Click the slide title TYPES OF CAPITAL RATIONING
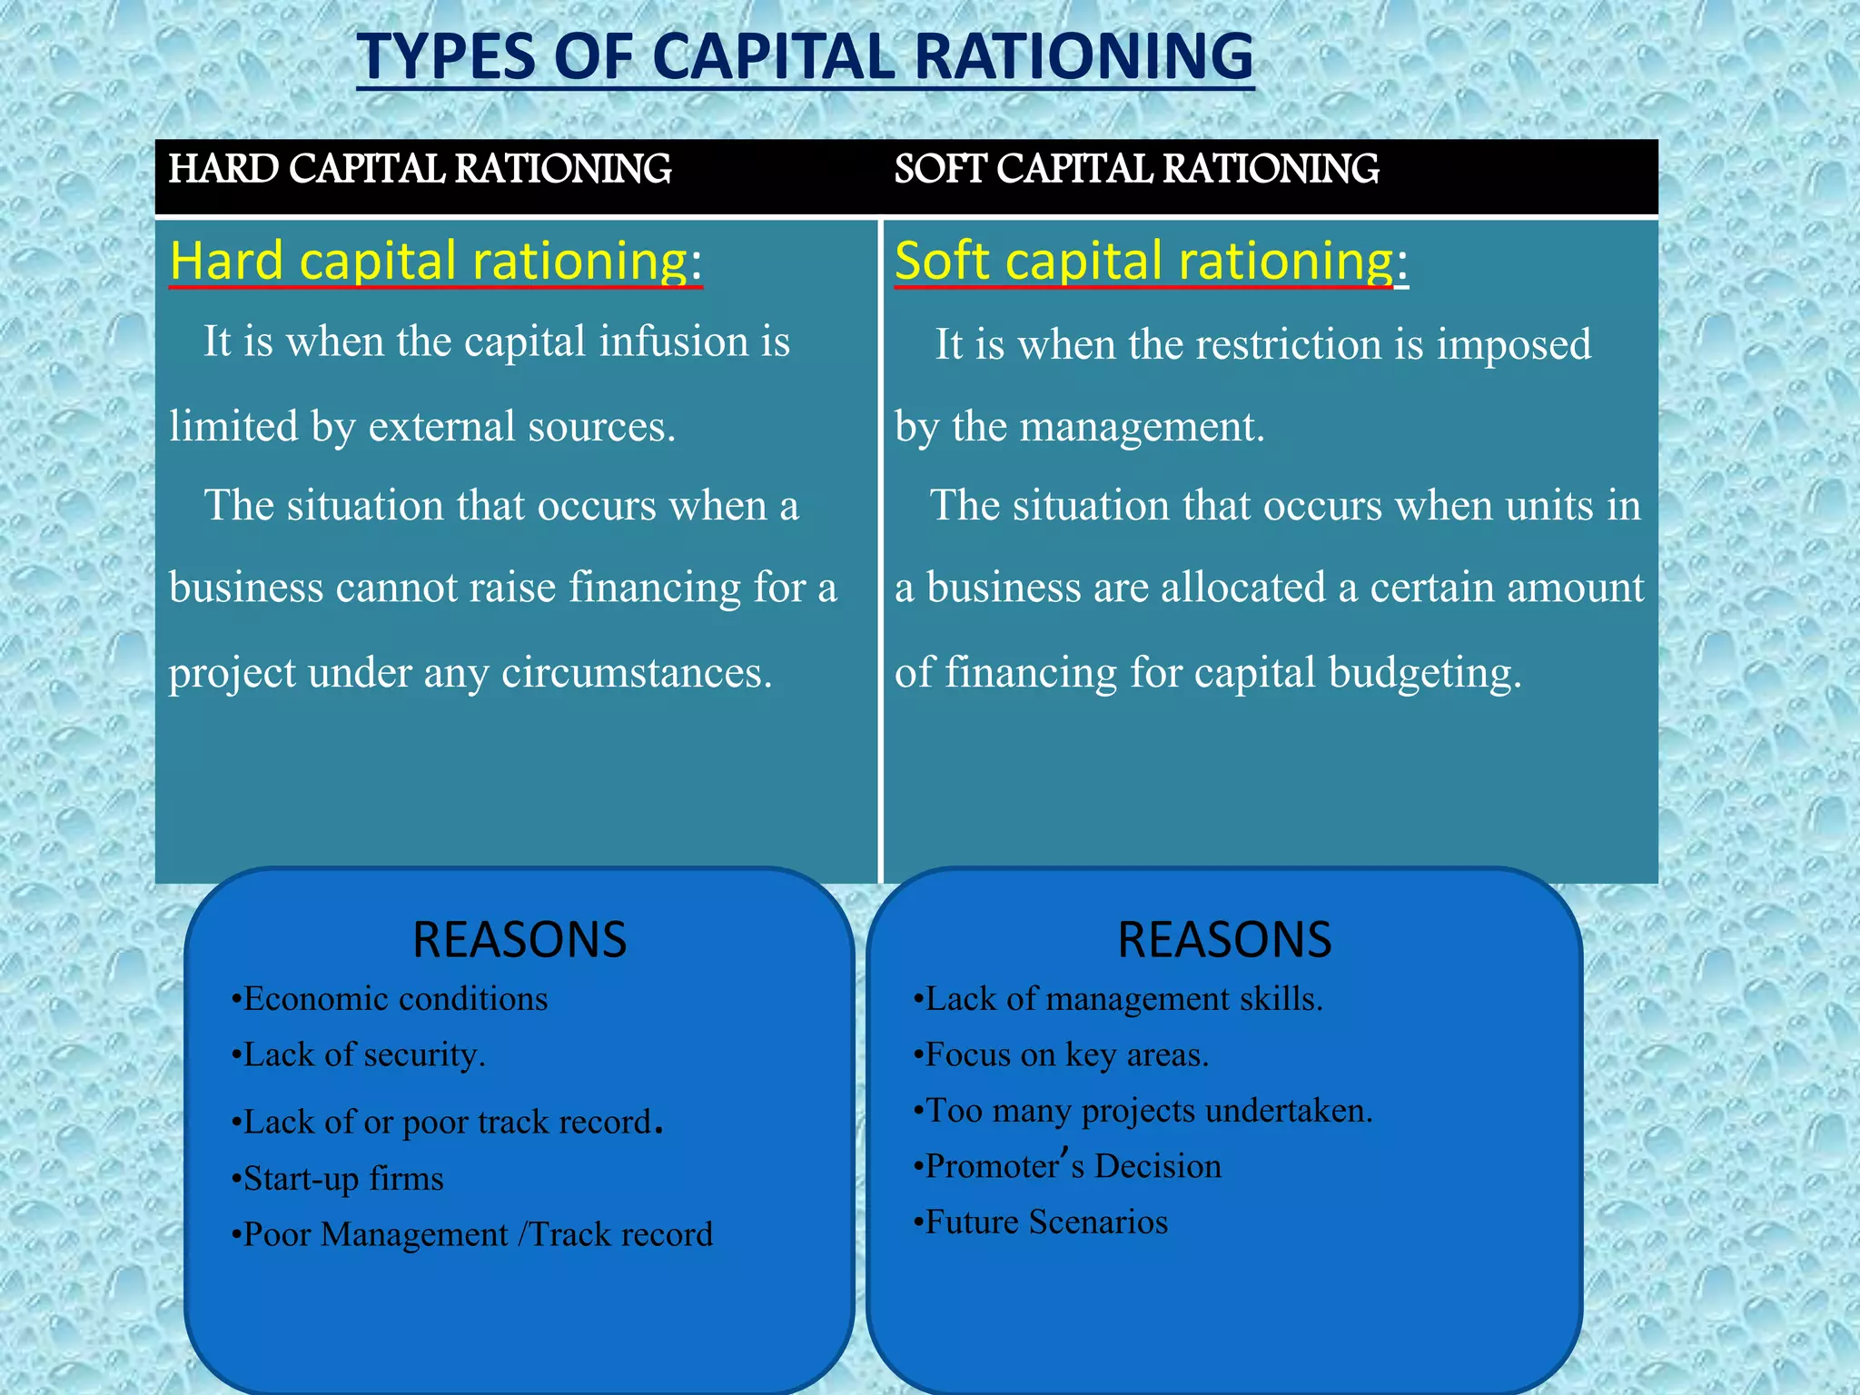pos(805,56)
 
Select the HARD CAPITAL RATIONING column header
pos(420,169)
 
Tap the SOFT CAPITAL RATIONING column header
pos(1136,169)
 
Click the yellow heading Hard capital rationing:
pos(436,261)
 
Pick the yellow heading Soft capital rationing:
pos(1151,261)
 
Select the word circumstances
pos(637,673)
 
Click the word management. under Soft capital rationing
pos(1142,426)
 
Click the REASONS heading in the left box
pos(519,940)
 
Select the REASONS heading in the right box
pos(1224,940)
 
